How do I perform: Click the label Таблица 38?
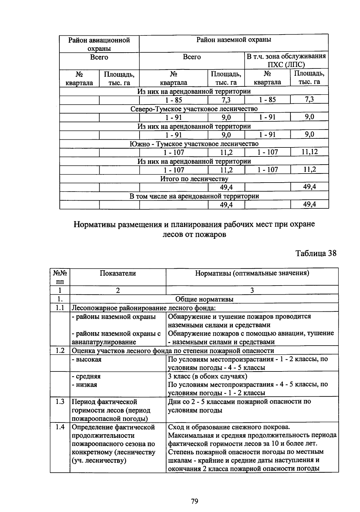[316, 253]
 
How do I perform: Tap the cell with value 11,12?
[309, 152]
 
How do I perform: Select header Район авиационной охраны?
[99, 44]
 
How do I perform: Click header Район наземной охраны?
[234, 40]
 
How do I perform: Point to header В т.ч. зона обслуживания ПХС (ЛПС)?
[286, 61]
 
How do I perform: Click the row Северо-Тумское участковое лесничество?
[194, 109]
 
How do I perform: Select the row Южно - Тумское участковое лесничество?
[194, 144]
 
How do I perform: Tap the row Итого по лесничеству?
[194, 179]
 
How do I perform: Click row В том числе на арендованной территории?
[194, 196]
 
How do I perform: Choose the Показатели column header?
[118, 273]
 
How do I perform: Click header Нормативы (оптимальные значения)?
[252, 273]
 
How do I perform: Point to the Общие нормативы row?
[204, 299]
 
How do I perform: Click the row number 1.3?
[60, 402]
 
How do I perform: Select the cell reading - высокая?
[87, 359]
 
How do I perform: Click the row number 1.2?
[60, 351]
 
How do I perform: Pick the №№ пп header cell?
[60, 277]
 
